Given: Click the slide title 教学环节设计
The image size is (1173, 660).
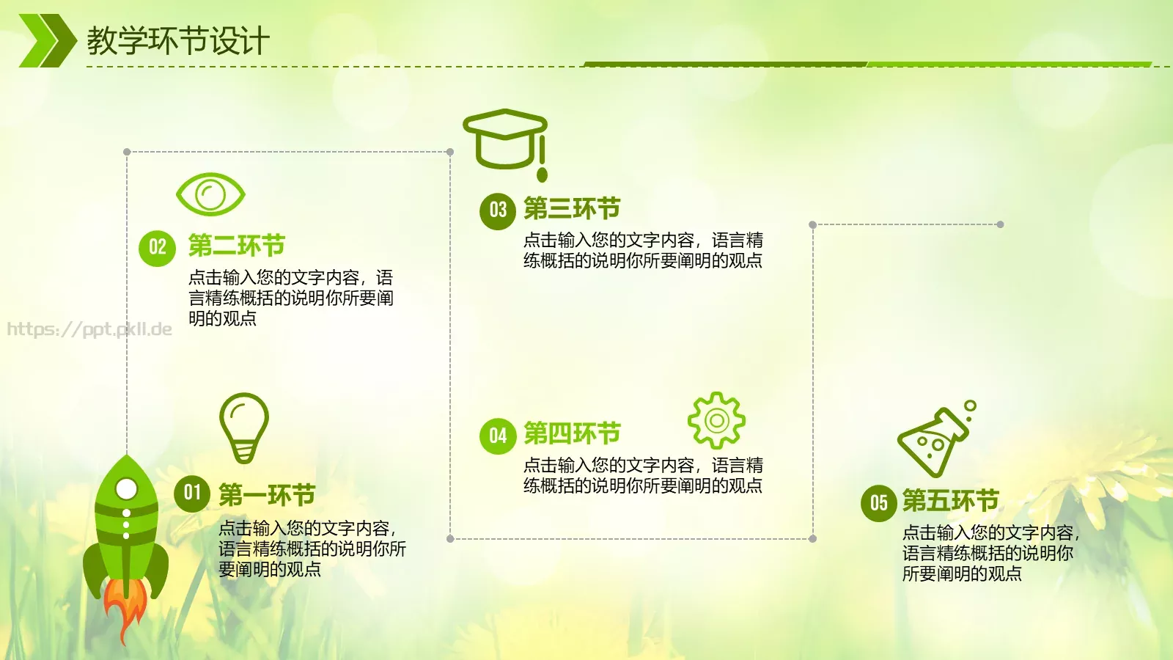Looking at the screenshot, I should click(x=178, y=41).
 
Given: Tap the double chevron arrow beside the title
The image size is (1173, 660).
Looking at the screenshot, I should click(x=46, y=41).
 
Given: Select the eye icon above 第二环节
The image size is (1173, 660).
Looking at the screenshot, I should click(x=210, y=194).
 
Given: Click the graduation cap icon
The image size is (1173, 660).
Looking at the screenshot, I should click(x=506, y=139).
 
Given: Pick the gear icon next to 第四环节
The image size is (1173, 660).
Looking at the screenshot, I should click(x=716, y=420).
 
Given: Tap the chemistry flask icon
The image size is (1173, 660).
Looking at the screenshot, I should click(x=935, y=440).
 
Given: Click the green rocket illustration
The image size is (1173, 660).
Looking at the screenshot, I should click(x=126, y=528).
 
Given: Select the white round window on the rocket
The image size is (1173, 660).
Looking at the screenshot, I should click(x=127, y=488).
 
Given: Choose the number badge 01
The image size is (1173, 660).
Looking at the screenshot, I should click(x=192, y=493).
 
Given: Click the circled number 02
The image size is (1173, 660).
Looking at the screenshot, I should click(x=157, y=247).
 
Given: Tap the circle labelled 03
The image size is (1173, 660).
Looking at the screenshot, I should click(x=498, y=210).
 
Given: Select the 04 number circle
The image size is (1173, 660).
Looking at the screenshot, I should click(x=498, y=436).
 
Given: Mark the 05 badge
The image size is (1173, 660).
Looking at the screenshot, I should click(x=878, y=503).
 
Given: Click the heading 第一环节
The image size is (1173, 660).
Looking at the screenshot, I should click(x=267, y=495).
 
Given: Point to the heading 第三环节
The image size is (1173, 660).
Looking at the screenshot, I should click(x=572, y=209).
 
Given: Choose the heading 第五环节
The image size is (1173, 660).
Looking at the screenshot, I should click(x=950, y=501).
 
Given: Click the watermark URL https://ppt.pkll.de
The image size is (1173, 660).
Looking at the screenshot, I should click(x=89, y=329).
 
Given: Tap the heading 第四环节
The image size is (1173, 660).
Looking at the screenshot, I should click(x=572, y=434).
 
